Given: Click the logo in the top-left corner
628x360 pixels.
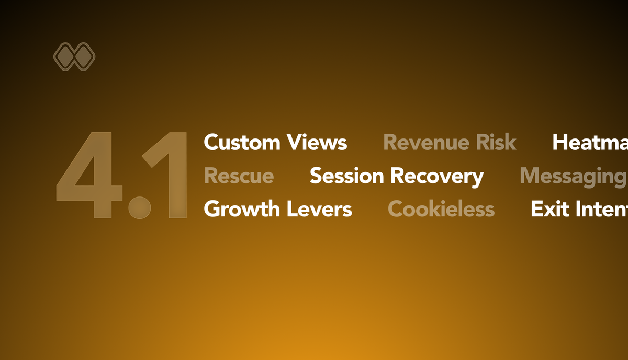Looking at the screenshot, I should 74,57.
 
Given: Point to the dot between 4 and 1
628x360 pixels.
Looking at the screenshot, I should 140,207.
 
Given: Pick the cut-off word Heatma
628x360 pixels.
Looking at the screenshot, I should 590,142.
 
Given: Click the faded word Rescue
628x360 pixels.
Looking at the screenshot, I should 239,176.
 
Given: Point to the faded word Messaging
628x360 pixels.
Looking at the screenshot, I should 573,177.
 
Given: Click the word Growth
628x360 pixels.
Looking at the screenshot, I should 242,209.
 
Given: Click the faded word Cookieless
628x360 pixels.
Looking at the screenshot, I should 441,209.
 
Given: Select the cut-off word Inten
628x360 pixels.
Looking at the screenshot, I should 602,209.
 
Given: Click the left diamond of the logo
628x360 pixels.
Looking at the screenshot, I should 65,57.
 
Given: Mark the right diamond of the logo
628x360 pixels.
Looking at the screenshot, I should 84,57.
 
